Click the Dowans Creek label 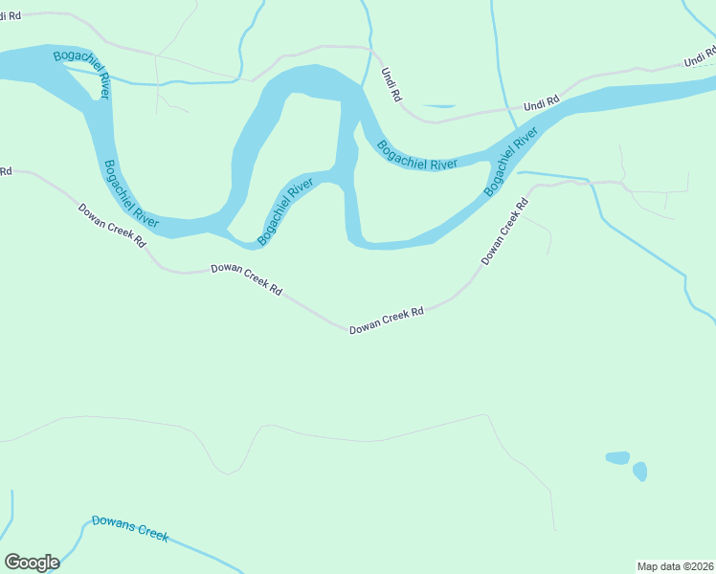pos(130,529)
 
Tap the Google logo pos(32,563)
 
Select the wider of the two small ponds pos(617,457)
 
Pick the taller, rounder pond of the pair pos(639,471)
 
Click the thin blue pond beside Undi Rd pos(438,105)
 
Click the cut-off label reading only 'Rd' pos(6,172)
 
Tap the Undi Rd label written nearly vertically pos(392,84)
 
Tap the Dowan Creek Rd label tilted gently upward pos(386,320)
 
